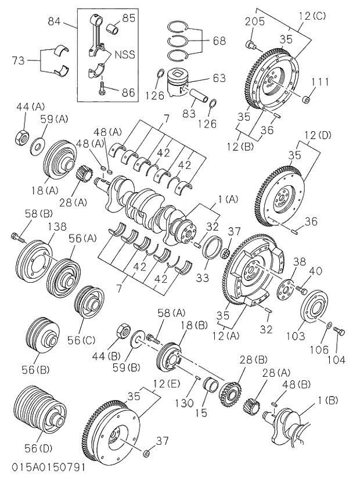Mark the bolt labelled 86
click(103, 89)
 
